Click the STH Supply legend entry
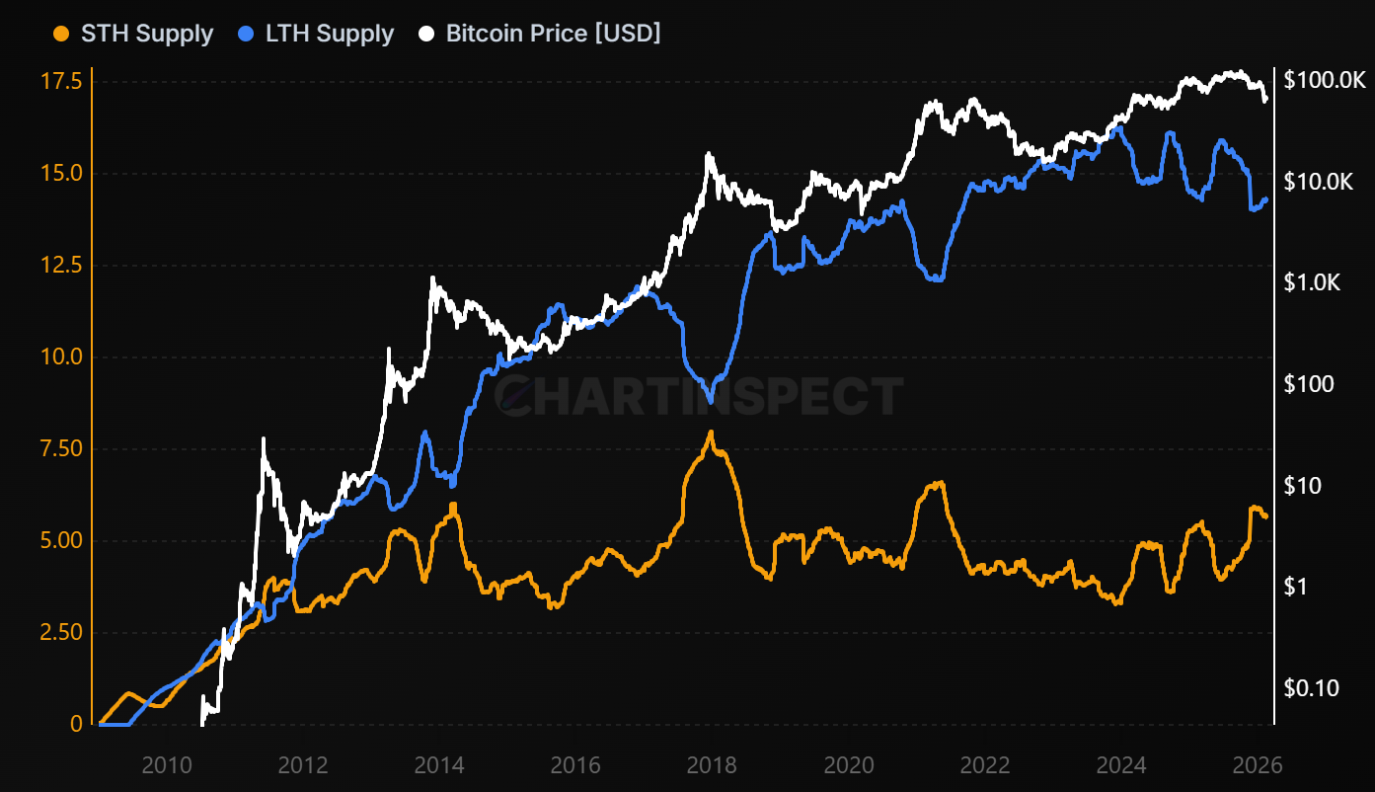tap(132, 34)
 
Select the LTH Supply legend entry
tap(317, 34)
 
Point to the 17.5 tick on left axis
tap(61, 81)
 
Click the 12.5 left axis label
tap(61, 265)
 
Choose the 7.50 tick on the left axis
tap(61, 448)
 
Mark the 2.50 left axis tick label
tap(61, 632)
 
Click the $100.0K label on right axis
tap(1324, 81)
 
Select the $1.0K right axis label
tap(1313, 283)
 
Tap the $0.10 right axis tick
tap(1311, 688)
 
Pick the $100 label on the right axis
tap(1309, 384)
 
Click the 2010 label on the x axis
tap(166, 765)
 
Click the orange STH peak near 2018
tap(711, 433)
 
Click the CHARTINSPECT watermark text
tap(699, 396)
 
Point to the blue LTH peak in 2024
tap(1116, 127)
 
